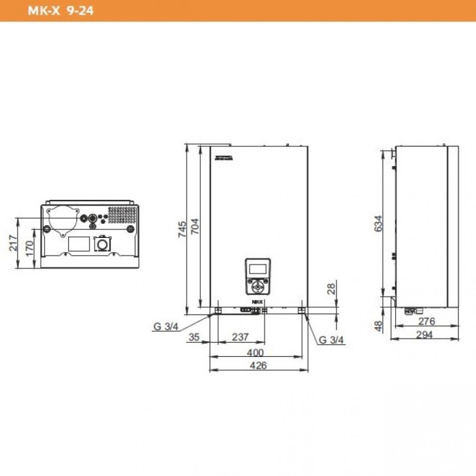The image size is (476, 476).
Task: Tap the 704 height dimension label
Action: pos(194,226)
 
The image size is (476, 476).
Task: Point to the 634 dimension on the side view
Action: pos(379,223)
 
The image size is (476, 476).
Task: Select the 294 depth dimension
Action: pos(426,335)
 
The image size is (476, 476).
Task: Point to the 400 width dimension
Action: pos(255,352)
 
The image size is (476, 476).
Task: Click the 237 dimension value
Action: pos(240,337)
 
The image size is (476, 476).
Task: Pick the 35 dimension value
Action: pos(194,337)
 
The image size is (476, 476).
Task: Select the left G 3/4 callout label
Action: pos(165,326)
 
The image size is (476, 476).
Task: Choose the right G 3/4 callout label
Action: pos(331,339)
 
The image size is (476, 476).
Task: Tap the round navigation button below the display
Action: pos(258,284)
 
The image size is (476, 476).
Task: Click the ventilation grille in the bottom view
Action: pos(122,215)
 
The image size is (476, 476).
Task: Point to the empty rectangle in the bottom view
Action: pos(78,243)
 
